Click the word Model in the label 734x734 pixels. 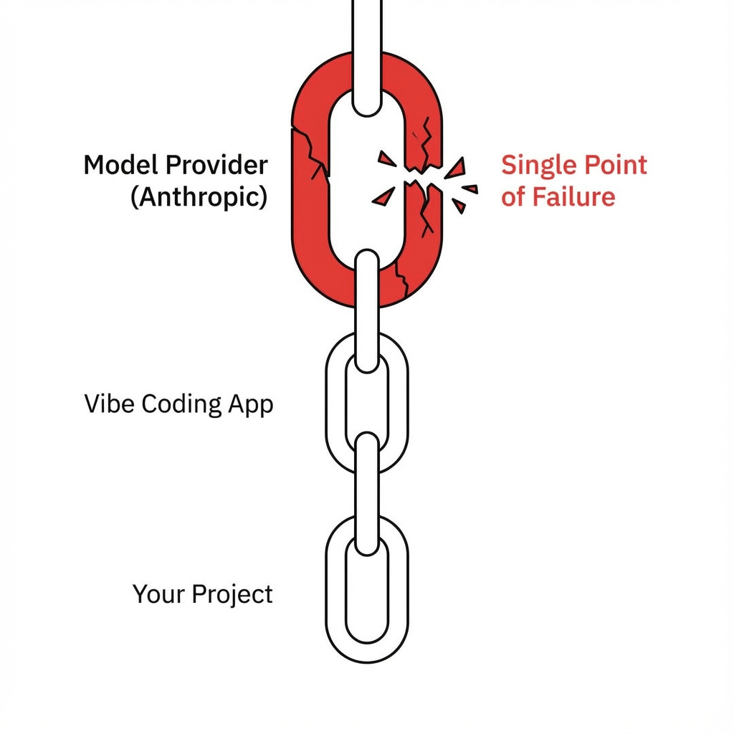click(x=120, y=166)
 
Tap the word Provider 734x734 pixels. click(x=216, y=166)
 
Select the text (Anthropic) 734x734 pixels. click(x=199, y=196)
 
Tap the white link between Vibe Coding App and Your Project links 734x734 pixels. click(x=366, y=495)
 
